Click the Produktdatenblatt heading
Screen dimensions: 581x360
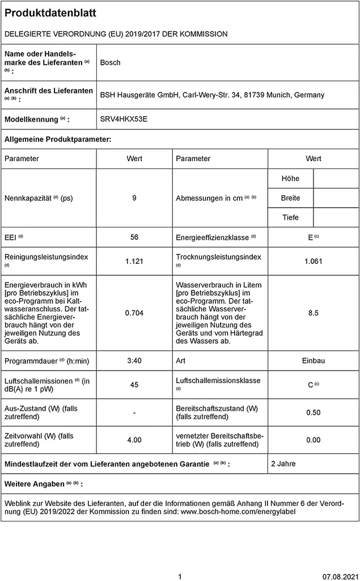coord(50,13)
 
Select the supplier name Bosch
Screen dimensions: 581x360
coord(110,62)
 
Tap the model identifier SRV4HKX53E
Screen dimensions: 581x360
coord(124,120)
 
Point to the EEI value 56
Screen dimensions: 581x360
coord(134,237)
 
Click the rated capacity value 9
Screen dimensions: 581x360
coord(134,198)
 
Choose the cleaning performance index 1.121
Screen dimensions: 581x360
coord(134,261)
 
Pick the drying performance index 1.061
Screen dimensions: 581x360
coord(313,261)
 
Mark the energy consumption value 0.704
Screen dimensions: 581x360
coord(134,313)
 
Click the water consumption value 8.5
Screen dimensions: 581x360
coord(313,313)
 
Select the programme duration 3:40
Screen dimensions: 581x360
coord(134,361)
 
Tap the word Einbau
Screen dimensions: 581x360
coord(313,361)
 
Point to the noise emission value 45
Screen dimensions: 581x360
coord(134,385)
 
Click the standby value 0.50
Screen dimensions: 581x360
coord(313,412)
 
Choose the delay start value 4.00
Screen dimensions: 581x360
coord(134,440)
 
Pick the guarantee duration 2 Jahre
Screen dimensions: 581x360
coord(283,464)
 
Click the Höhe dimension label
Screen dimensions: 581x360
coord(290,179)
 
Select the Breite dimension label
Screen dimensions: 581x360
coord(290,198)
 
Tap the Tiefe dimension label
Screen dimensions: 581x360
coord(290,217)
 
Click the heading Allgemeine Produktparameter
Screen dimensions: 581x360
coord(58,139)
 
